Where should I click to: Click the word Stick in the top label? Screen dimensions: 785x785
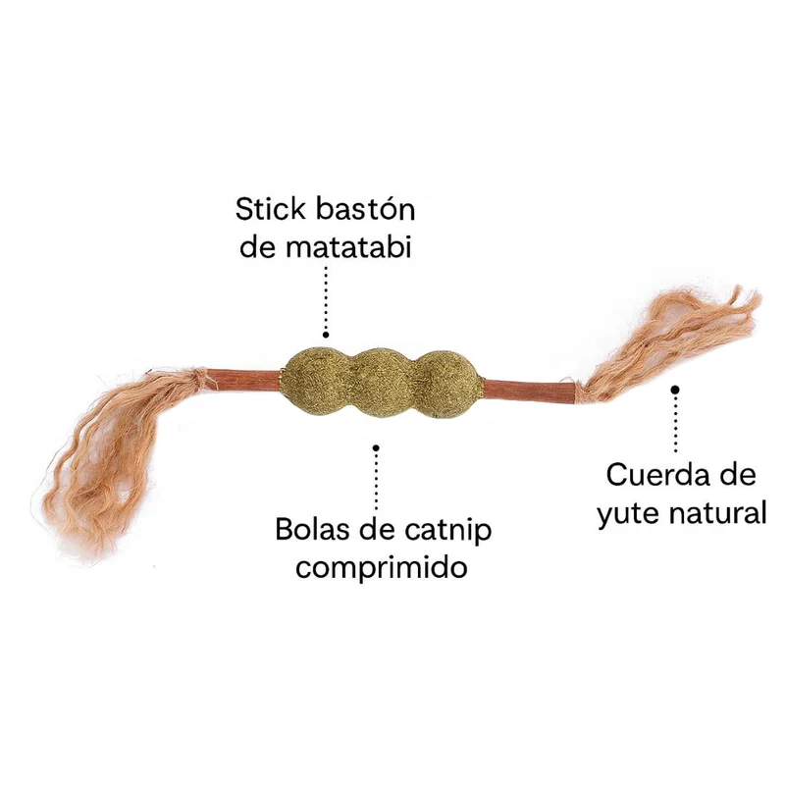point(271,209)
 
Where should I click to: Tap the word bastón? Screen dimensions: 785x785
point(366,209)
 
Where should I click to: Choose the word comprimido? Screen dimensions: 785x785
point(382,569)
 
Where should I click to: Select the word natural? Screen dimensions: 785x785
point(718,511)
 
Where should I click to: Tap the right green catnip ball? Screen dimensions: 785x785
point(448,380)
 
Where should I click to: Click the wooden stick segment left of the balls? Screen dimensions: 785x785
point(243,379)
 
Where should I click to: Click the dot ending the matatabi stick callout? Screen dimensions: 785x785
point(326,335)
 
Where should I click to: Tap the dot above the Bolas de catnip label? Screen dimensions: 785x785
point(376,448)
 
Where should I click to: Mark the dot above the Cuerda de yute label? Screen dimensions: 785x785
point(675,389)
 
